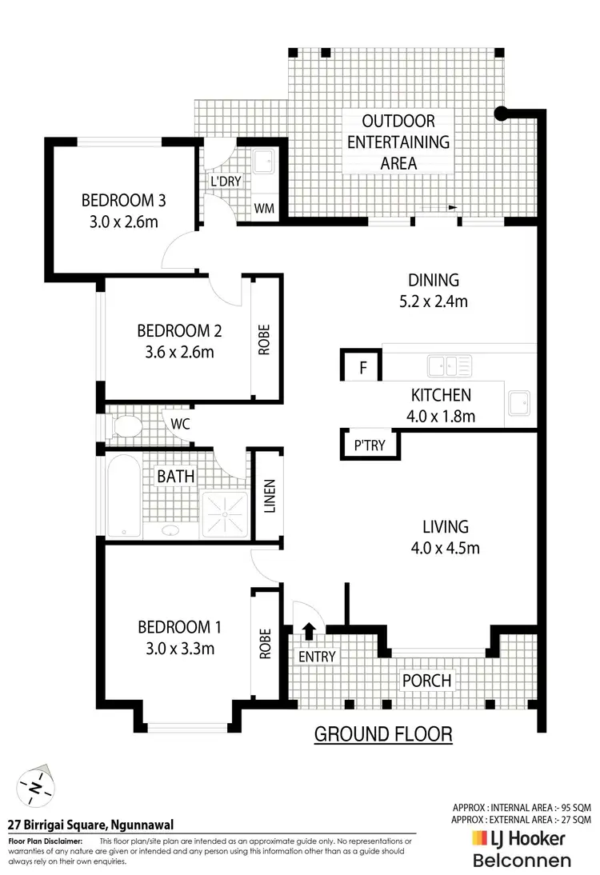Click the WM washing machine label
[265, 208]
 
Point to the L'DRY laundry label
[226, 182]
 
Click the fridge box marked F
[362, 369]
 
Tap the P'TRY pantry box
[370, 446]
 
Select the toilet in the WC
[124, 426]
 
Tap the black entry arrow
[309, 632]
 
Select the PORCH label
[426, 681]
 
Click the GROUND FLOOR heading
[383, 733]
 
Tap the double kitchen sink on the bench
[448, 366]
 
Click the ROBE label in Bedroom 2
[264, 339]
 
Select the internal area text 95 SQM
[522, 808]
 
